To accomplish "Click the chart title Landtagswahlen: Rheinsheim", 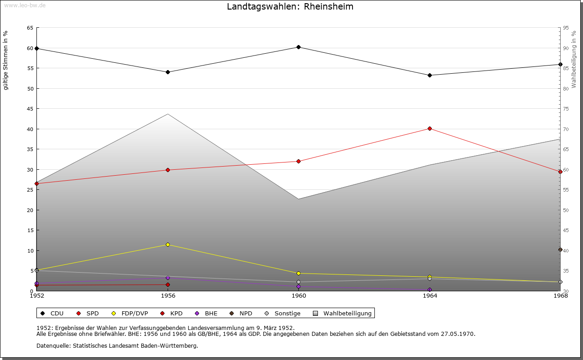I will (290, 7).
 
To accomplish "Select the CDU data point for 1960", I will (298, 47).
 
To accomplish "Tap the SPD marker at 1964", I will (430, 128).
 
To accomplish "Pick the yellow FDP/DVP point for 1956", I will (168, 244).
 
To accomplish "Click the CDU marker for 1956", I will (168, 72).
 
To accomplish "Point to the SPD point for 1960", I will (298, 161).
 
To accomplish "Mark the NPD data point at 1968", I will (560, 249).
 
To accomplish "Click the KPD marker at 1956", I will (168, 285).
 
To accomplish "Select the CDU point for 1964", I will (430, 75).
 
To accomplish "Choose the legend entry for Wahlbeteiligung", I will (348, 314).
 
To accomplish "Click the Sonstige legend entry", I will (287, 314).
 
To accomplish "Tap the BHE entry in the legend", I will (211, 314).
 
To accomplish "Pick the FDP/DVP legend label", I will (134, 314).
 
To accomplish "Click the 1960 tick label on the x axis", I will (298, 296).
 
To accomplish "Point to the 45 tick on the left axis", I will (30, 109).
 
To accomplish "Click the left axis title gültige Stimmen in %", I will (6, 61).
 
